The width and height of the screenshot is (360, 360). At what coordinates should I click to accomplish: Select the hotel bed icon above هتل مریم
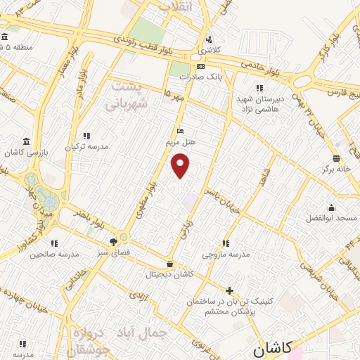pyautogui.click(x=180, y=131)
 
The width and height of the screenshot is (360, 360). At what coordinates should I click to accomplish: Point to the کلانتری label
pyautogui.click(x=207, y=51)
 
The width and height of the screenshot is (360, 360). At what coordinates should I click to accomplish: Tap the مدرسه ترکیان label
pyautogui.click(x=87, y=147)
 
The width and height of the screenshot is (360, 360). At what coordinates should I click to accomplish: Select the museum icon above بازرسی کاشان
pyautogui.click(x=26, y=141)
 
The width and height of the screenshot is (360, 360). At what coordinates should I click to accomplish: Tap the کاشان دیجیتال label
pyautogui.click(x=169, y=275)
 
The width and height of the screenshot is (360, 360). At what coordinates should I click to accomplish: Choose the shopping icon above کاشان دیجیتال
pyautogui.click(x=170, y=264)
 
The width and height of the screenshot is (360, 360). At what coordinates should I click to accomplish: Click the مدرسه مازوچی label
pyautogui.click(x=225, y=255)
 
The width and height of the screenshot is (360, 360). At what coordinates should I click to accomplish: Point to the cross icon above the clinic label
pyautogui.click(x=229, y=290)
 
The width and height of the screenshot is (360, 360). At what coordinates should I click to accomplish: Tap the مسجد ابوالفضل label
pyautogui.click(x=331, y=219)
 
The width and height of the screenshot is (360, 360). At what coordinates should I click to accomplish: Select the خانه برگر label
pyautogui.click(x=336, y=169)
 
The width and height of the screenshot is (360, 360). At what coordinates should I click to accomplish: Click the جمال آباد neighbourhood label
pyautogui.click(x=146, y=330)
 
